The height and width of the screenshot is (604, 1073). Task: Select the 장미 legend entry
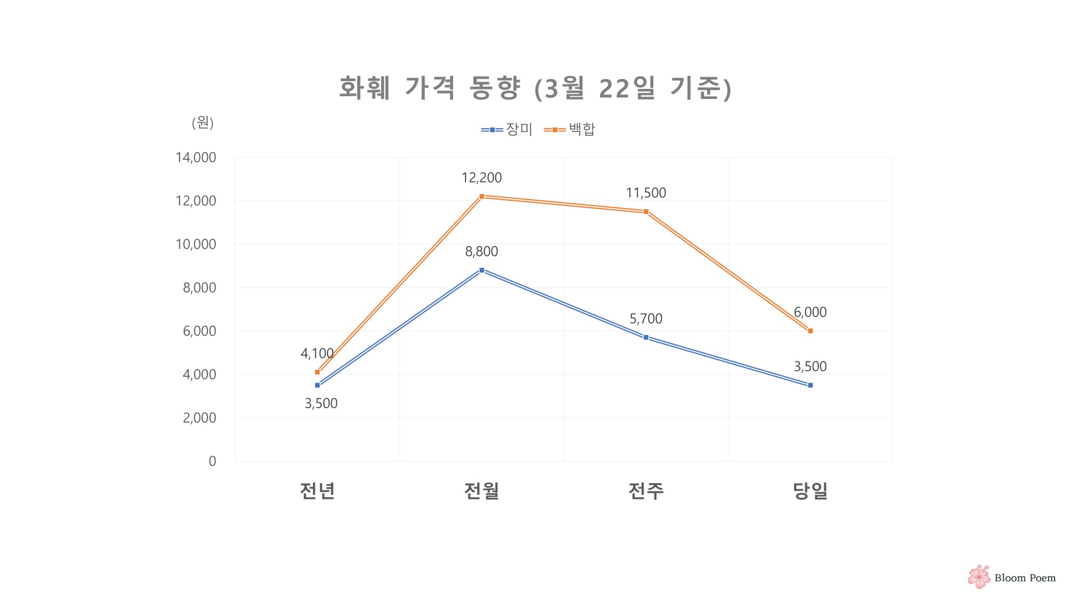click(507, 129)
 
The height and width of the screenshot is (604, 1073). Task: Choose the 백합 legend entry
click(569, 129)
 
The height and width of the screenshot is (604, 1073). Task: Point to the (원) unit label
click(202, 122)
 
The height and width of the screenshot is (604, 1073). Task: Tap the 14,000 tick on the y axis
click(196, 158)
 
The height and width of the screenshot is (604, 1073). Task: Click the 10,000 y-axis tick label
click(196, 244)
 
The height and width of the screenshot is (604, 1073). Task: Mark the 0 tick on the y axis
click(212, 461)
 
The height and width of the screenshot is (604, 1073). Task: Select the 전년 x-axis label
click(317, 490)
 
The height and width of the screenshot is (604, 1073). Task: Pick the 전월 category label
click(481, 490)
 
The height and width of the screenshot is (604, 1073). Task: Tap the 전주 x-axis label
click(645, 490)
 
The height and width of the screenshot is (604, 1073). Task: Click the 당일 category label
click(810, 490)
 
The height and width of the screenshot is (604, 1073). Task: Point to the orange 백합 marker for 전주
click(645, 211)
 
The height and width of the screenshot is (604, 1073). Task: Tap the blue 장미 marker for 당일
click(810, 385)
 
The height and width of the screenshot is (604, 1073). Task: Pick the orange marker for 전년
click(317, 372)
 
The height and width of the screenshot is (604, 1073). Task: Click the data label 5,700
click(645, 319)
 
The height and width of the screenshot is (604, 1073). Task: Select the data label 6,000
click(810, 312)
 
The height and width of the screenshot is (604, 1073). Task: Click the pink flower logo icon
click(979, 577)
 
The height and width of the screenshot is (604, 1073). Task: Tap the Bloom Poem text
click(1025, 578)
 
